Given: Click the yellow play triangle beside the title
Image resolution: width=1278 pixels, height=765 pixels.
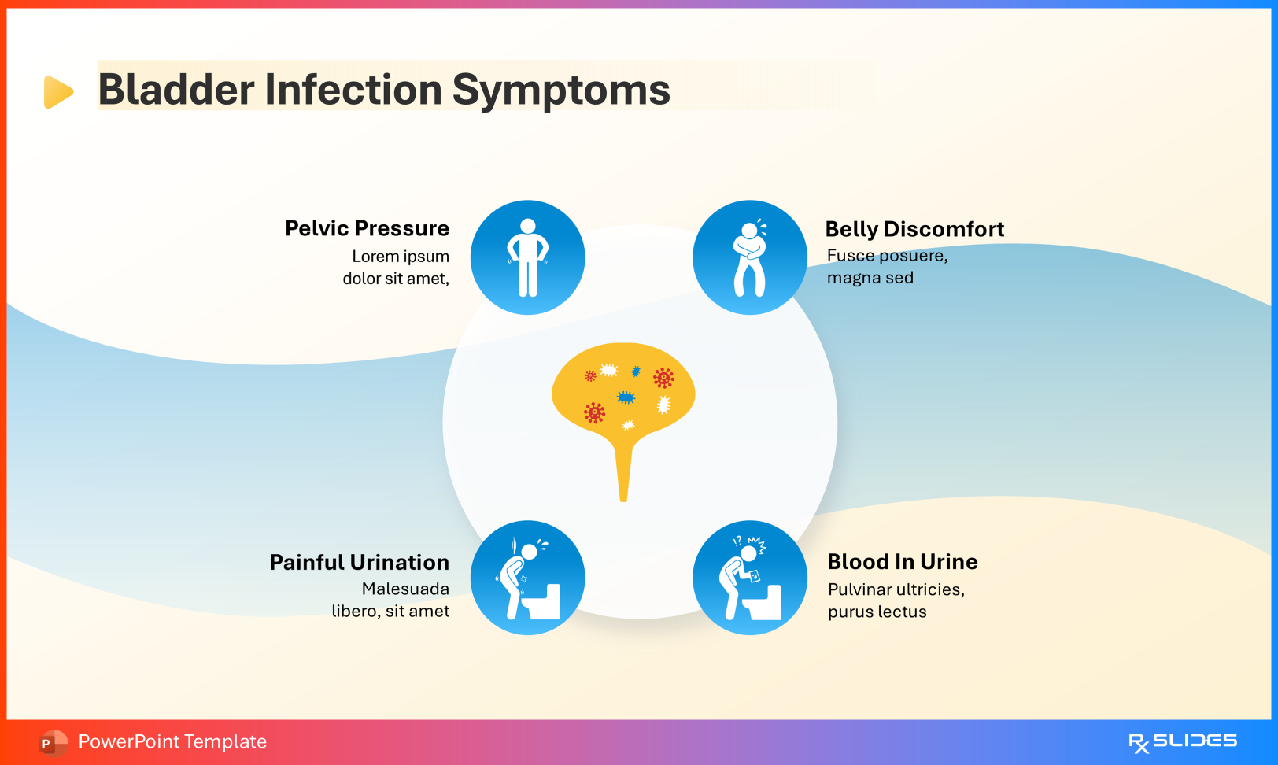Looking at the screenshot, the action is (x=57, y=91).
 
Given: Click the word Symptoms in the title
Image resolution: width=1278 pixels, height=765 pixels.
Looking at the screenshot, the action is (x=560, y=90).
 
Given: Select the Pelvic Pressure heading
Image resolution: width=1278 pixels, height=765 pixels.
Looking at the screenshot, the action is (x=367, y=228).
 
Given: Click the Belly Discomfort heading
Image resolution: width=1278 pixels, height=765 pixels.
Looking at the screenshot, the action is (x=914, y=229).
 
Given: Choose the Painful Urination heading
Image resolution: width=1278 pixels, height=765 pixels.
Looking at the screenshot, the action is (x=359, y=562).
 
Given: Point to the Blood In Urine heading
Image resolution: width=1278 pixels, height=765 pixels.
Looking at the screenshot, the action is (x=902, y=561).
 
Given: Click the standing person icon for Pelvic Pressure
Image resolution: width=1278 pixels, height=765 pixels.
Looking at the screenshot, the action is (x=527, y=257).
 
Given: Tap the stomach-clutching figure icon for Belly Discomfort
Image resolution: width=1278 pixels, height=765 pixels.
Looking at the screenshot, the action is (x=749, y=257).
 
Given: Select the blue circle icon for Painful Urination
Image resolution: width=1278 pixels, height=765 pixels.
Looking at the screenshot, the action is (x=527, y=578).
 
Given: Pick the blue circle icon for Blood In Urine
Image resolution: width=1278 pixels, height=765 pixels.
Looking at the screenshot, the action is (x=749, y=578).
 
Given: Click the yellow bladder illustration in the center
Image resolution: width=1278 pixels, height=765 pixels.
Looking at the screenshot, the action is (x=623, y=390).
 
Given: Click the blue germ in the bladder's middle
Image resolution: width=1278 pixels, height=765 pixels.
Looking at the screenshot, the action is (x=626, y=397).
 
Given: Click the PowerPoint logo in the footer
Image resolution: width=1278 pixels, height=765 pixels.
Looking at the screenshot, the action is (x=52, y=742).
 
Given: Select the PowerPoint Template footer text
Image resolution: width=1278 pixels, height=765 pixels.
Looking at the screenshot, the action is (x=172, y=741).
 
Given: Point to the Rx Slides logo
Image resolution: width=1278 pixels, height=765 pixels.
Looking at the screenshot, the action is (x=1182, y=741).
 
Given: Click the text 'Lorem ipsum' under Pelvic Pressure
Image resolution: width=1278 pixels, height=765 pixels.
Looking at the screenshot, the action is (x=401, y=257).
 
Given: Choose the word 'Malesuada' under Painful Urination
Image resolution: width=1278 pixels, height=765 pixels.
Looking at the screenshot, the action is (x=405, y=589).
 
